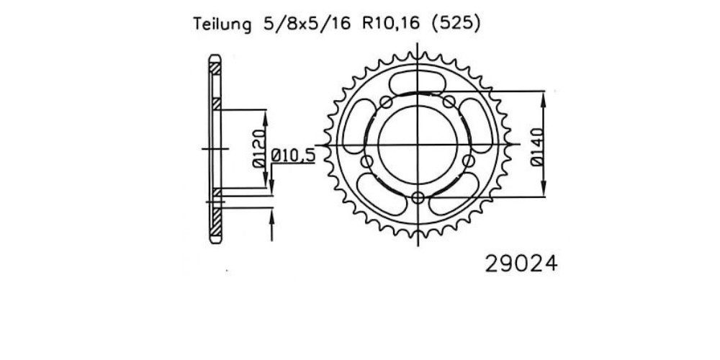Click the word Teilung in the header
(x=222, y=24)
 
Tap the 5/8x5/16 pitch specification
(x=307, y=24)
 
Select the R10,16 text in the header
(x=391, y=24)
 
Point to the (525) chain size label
(x=456, y=24)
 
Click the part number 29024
(x=521, y=264)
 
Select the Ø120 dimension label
(x=259, y=148)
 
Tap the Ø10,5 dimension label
(x=294, y=156)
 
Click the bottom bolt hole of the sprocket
(x=418, y=198)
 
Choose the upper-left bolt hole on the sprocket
(x=386, y=102)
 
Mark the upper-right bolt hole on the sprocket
(x=449, y=102)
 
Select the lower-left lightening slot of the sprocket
(x=380, y=194)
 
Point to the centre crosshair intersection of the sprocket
(x=418, y=145)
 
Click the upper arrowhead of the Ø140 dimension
(x=543, y=100)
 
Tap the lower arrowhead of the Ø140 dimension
(x=543, y=188)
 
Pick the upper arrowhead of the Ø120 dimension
(x=266, y=119)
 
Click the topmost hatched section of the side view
(x=215, y=68)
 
